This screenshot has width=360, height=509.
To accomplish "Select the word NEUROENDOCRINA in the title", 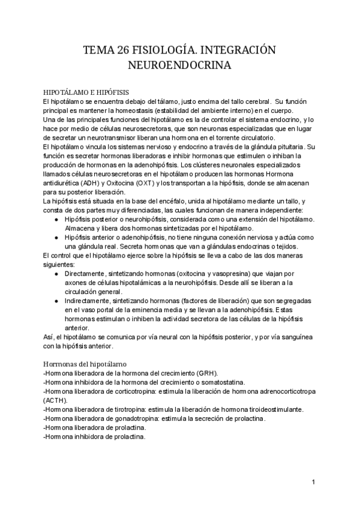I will point(179,64).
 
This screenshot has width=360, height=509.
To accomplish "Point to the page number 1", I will point(313,482).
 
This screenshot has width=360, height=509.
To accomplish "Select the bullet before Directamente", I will point(56,273).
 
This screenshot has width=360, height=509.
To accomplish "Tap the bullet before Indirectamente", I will point(56,301).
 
